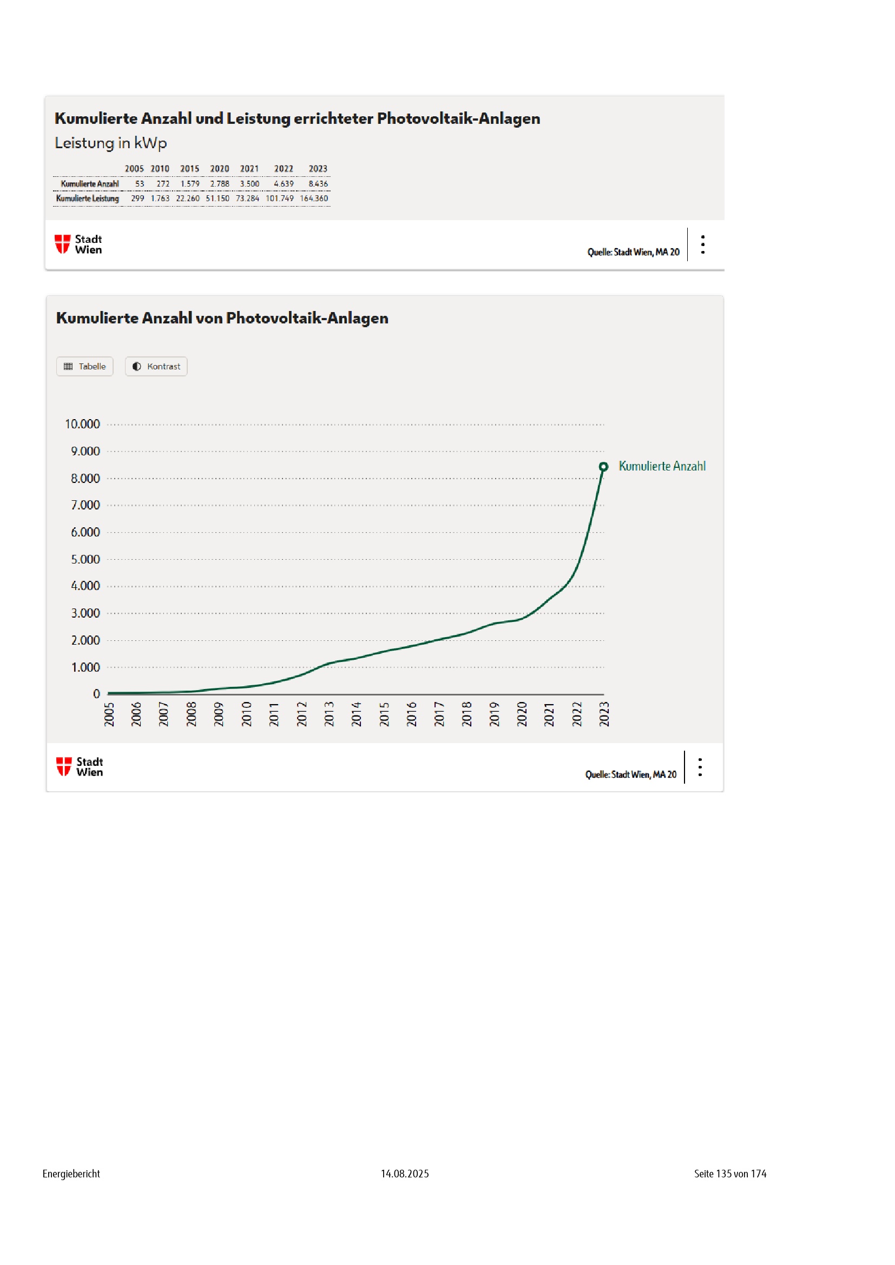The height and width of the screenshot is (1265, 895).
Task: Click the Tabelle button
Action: point(84,366)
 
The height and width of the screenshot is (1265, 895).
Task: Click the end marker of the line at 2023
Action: point(603,467)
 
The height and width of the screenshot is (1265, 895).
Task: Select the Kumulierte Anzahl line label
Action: point(661,466)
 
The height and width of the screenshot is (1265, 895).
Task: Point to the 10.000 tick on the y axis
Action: point(83,424)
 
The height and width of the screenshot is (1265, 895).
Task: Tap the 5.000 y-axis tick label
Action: point(85,559)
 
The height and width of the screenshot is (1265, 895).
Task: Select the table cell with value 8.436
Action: point(318,184)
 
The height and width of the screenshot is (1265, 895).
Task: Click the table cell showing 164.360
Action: point(314,198)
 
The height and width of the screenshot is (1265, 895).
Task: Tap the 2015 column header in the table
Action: point(189,169)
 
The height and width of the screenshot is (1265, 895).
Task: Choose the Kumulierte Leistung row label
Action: point(87,198)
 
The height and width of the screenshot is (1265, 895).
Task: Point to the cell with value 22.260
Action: point(187,198)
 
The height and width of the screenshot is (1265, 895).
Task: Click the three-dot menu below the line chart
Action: point(700,767)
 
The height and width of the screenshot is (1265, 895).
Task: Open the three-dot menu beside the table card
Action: point(703,244)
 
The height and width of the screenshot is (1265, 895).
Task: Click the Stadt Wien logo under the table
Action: point(78,244)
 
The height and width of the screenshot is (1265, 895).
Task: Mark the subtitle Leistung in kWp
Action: point(111,143)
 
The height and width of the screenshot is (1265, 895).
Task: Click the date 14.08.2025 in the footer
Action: point(405,1174)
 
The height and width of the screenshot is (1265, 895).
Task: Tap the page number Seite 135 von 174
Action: point(729,1174)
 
